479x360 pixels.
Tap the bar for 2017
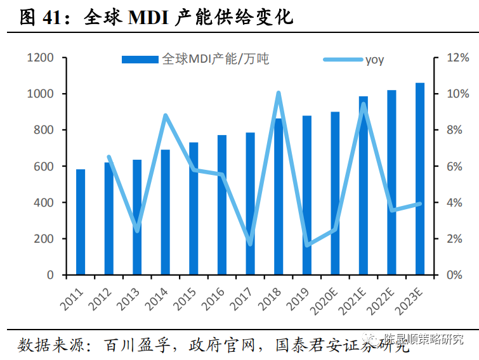pos(250,203)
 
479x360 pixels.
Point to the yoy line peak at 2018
pos(279,93)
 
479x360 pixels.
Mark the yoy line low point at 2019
pos(307,245)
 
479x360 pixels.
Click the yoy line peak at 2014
pos(166,115)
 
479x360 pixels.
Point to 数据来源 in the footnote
pos(44,345)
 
